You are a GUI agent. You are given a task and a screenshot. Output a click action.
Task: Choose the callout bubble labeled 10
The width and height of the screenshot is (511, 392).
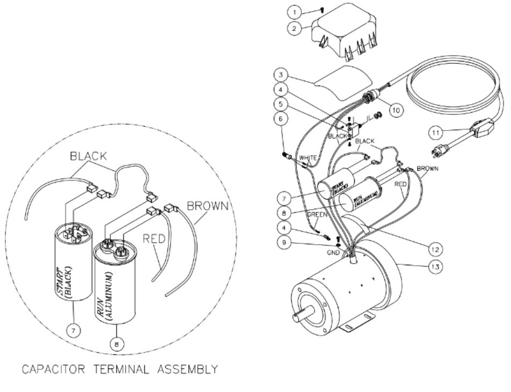(x=395, y=110)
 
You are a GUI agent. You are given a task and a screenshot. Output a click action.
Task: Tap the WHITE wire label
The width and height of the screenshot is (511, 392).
(x=308, y=158)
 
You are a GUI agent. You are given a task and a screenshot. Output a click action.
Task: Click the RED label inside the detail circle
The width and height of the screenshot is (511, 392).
(x=151, y=238)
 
